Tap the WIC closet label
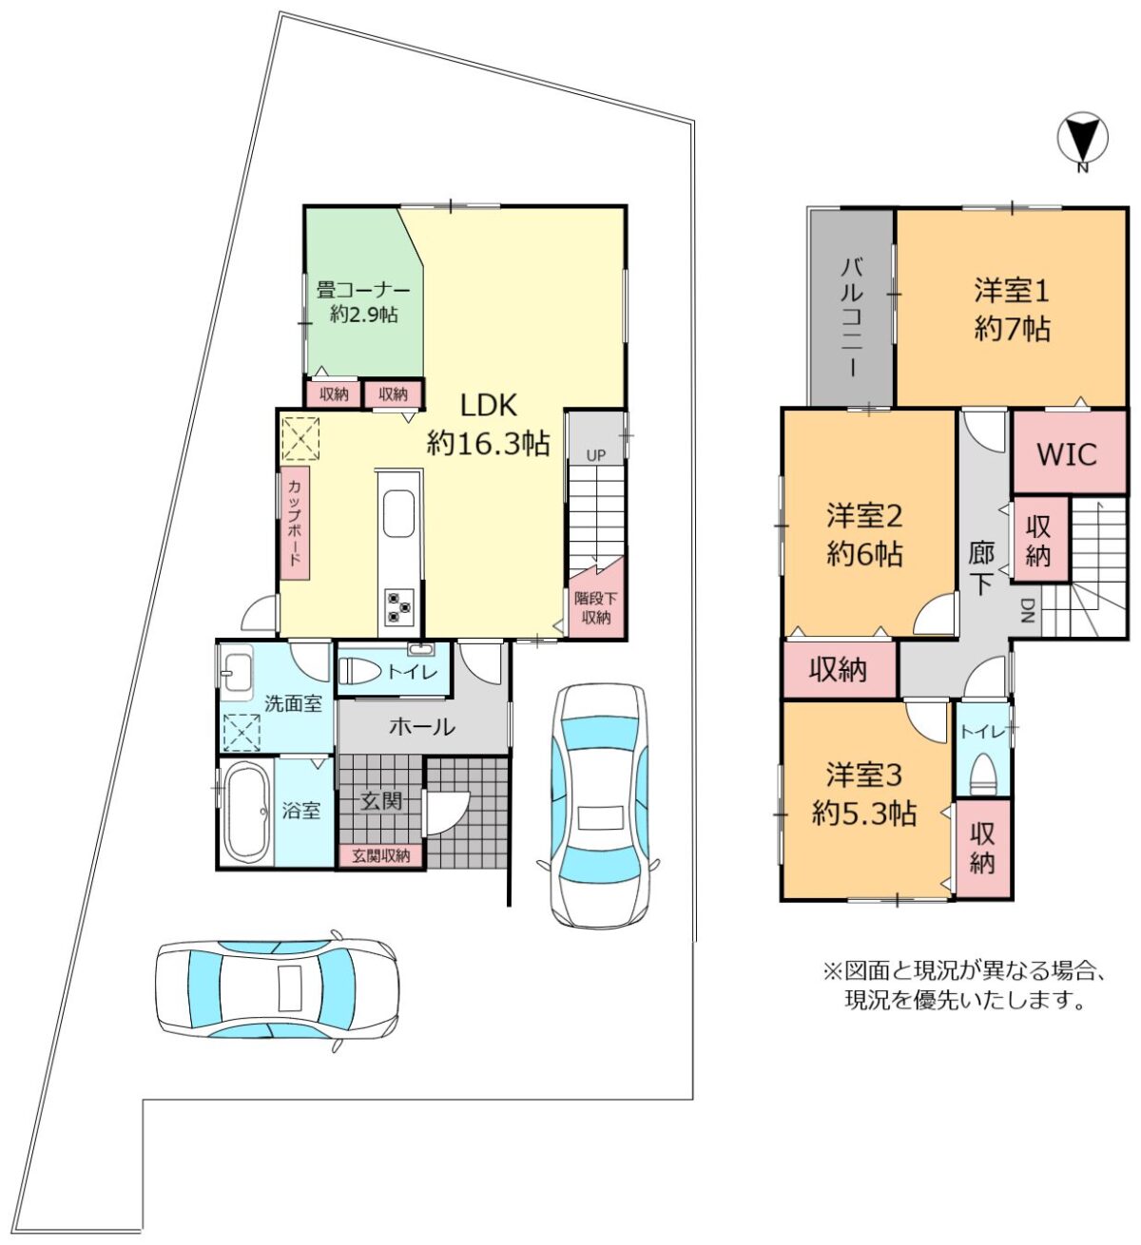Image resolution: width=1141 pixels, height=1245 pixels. tap(1067, 455)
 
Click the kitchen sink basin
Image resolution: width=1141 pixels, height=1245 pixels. tap(398, 512)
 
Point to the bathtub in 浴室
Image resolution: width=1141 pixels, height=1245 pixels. tap(245, 813)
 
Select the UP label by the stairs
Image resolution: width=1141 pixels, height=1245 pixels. tap(595, 455)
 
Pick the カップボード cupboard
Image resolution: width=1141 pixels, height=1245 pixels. tap(295, 523)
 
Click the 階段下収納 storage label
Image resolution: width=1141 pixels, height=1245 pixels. tap(595, 608)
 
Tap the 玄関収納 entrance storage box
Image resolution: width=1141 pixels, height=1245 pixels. tap(380, 856)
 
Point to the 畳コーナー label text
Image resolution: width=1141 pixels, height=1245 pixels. tap(363, 290)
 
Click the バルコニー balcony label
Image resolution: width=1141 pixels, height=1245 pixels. tap(852, 318)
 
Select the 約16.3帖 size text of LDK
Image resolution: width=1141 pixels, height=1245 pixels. tap(488, 444)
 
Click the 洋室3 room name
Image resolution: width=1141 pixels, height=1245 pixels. tap(864, 776)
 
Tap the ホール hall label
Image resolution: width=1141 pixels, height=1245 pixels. tap(422, 726)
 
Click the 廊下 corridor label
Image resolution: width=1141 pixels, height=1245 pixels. tap(980, 568)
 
